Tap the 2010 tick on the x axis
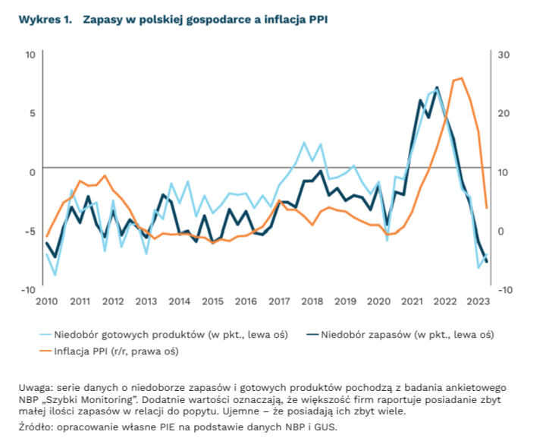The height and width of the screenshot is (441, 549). (x=46, y=301)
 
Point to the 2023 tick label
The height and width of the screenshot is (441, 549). (x=477, y=301)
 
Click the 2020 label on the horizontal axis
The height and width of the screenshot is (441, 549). (x=378, y=301)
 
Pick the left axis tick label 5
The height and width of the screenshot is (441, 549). (x=32, y=113)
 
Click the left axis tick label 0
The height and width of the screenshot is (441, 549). (x=32, y=172)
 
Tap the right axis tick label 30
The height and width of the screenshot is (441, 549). (x=504, y=55)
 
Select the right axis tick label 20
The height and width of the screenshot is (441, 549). (x=504, y=113)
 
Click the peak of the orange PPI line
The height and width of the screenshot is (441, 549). (x=462, y=78)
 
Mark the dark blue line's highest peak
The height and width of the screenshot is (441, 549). (x=437, y=87)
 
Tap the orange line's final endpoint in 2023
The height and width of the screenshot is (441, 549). (x=486, y=207)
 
